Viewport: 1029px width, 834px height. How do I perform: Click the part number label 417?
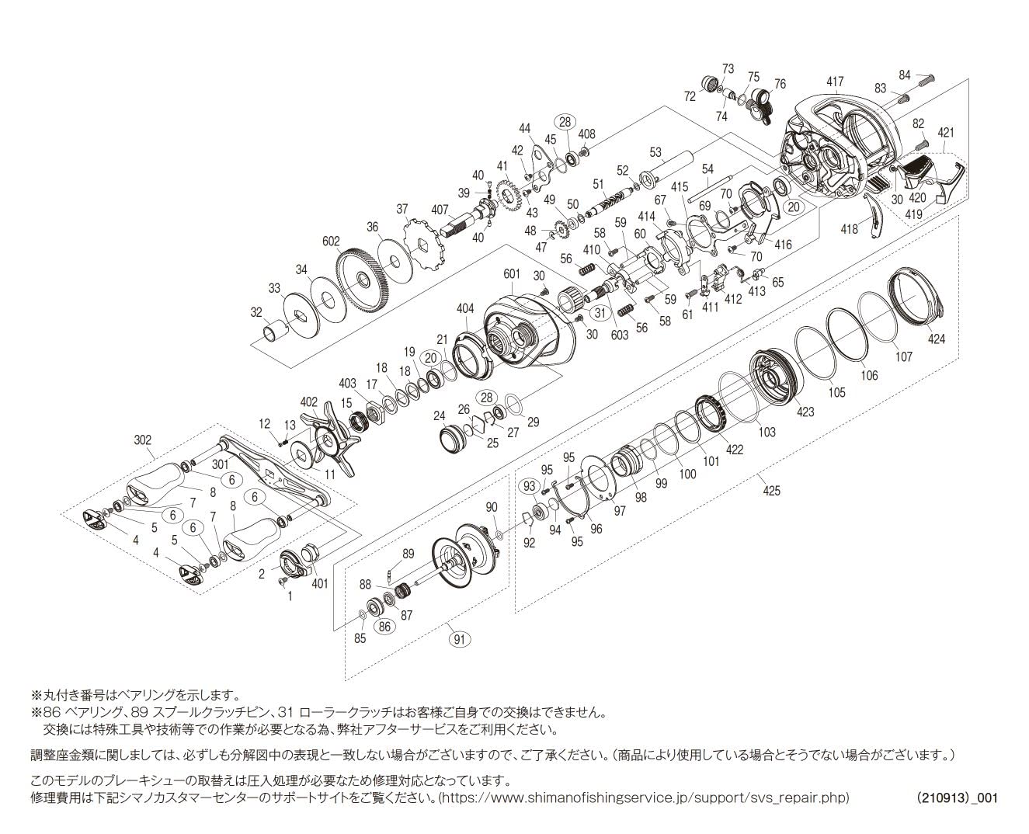[x=834, y=82]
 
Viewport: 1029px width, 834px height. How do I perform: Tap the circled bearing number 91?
[x=461, y=640]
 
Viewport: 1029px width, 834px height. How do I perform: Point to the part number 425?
[x=772, y=490]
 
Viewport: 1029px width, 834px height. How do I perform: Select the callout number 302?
[x=143, y=439]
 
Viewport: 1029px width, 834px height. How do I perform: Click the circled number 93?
[x=530, y=485]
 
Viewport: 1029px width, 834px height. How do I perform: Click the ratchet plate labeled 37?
[x=423, y=248]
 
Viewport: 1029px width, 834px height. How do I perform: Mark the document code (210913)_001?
[x=957, y=798]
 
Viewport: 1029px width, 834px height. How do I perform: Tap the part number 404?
[x=464, y=309]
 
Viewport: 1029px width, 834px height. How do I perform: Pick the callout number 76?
[x=779, y=84]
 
